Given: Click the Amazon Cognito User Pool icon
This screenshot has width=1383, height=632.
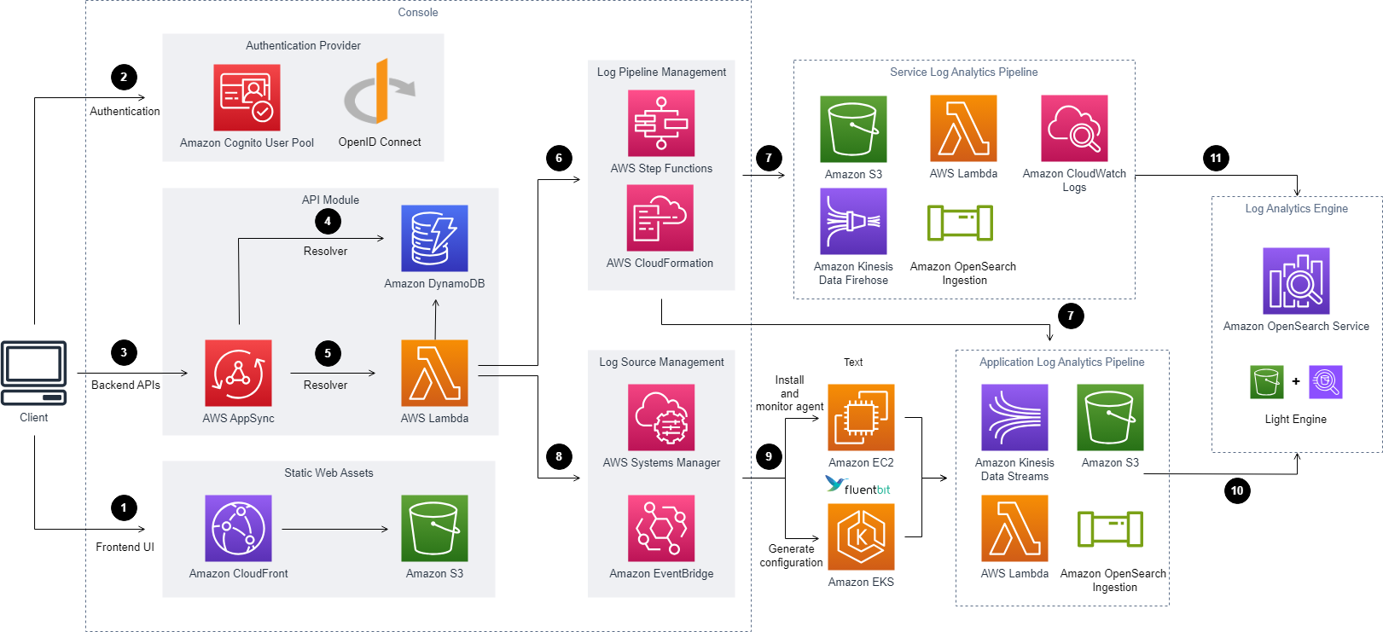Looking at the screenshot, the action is point(247,97).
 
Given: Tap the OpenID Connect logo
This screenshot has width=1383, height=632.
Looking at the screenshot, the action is point(380,91).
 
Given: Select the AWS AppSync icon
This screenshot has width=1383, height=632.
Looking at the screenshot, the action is point(238,373).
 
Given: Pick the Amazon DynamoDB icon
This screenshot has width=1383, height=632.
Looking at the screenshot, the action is point(434,238).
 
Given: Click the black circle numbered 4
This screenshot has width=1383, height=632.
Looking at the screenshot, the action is point(328,221).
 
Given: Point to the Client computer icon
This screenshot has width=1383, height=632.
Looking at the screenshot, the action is point(33,373).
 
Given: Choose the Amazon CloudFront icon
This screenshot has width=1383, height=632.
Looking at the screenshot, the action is point(238,528).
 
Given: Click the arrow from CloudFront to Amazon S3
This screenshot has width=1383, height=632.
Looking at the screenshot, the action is point(335,529).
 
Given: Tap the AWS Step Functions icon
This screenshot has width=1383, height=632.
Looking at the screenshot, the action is point(661,124).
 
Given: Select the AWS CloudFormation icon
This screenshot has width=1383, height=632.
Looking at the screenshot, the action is point(660,217).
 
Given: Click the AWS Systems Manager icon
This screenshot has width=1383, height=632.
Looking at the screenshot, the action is point(661,417).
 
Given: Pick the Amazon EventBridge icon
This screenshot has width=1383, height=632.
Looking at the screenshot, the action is point(661,528).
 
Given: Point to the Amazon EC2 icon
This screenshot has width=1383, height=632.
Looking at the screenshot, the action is point(862,417).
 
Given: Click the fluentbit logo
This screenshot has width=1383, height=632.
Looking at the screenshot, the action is point(857,485).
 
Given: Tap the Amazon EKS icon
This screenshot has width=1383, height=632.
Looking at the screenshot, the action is point(862,537).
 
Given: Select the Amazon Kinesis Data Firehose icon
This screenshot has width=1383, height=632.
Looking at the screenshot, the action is point(853,222).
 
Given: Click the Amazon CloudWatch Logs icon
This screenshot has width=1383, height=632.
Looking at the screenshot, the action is point(1074,129).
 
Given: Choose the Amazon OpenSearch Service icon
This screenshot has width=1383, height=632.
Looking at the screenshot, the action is point(1297,281).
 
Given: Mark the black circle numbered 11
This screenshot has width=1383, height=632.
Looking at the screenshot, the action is point(1216,158).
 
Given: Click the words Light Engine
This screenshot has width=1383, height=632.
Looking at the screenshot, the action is point(1296,419).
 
